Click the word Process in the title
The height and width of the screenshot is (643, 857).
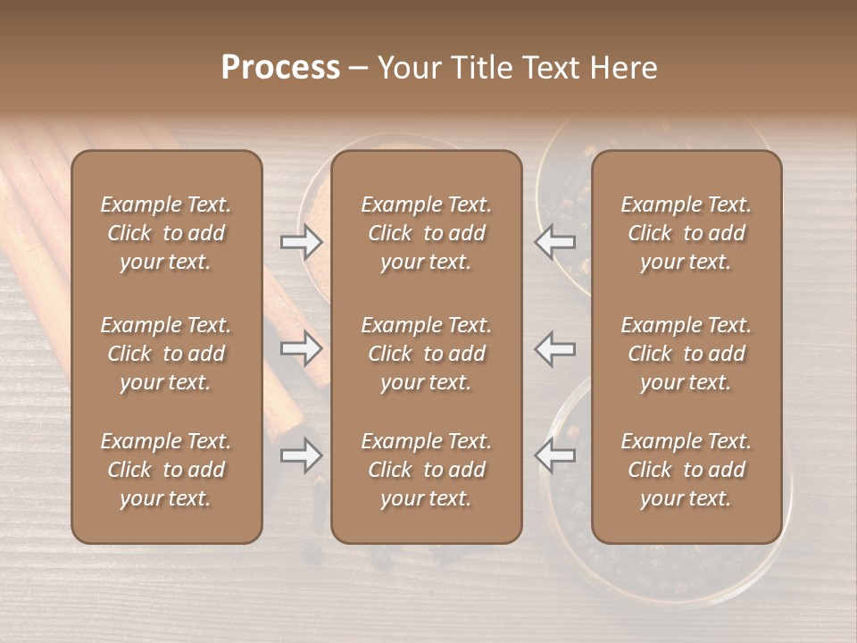[x=280, y=68]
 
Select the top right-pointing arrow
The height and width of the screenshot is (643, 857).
[x=302, y=241]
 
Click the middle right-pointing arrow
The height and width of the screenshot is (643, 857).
[x=302, y=348]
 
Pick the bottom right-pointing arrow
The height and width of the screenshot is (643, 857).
[x=302, y=455]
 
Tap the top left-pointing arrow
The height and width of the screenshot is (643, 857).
[x=555, y=241]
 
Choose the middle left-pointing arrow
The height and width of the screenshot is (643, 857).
[x=555, y=348]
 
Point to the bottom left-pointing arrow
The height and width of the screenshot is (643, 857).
[x=555, y=455]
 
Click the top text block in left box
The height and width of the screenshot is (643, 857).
[x=166, y=233]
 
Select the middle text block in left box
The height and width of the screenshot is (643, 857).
[x=166, y=354]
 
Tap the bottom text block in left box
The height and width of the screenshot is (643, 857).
[x=166, y=470]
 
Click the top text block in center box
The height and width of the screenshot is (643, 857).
[x=426, y=233]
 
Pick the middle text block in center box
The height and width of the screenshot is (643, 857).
[x=426, y=354]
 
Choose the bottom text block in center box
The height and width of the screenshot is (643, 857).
[x=426, y=470]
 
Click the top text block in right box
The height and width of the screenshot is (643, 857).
[x=686, y=233]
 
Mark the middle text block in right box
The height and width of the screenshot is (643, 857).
[x=686, y=354]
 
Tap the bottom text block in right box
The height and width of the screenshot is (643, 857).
[x=686, y=470]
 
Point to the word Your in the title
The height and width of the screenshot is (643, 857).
[x=405, y=68]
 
